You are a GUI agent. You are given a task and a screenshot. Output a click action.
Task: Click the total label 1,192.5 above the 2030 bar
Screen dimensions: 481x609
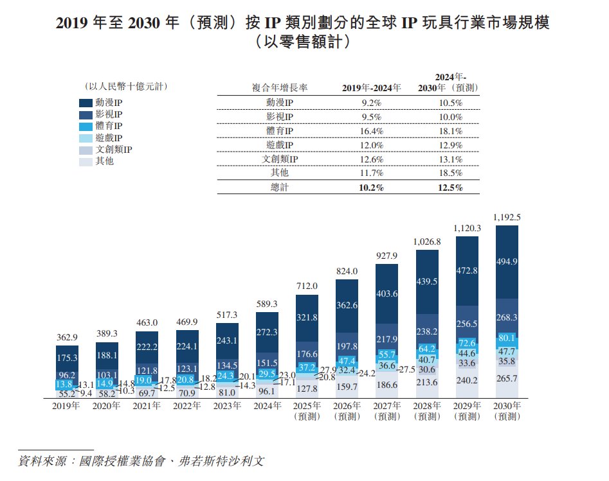click(507, 218)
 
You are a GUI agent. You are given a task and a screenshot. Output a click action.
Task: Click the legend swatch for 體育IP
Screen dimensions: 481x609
click(87, 127)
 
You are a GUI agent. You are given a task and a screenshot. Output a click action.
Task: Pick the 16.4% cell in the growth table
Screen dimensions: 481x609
click(371, 131)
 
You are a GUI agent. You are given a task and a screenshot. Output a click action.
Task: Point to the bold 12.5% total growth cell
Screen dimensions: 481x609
click(450, 188)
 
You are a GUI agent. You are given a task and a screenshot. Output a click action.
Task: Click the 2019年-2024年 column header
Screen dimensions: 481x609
click(371, 87)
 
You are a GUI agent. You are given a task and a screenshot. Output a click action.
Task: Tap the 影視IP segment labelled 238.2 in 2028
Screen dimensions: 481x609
click(427, 331)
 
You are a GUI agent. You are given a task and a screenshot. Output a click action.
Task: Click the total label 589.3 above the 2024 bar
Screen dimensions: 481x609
click(266, 304)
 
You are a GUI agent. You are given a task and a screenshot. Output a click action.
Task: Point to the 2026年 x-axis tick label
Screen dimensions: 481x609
click(347, 406)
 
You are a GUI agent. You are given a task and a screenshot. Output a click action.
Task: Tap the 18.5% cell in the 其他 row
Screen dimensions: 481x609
click(450, 173)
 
